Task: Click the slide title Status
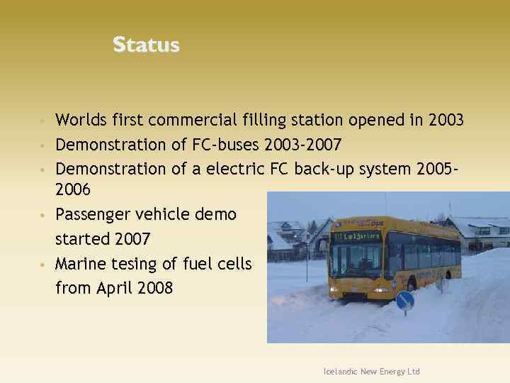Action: point(146,45)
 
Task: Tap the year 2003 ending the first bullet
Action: point(446,121)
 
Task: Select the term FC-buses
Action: point(226,145)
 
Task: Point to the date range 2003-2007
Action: point(302,145)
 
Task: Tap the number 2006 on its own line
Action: point(73,190)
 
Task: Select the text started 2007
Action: point(102,238)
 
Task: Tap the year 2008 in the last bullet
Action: point(155,288)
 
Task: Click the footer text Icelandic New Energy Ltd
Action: point(371,372)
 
